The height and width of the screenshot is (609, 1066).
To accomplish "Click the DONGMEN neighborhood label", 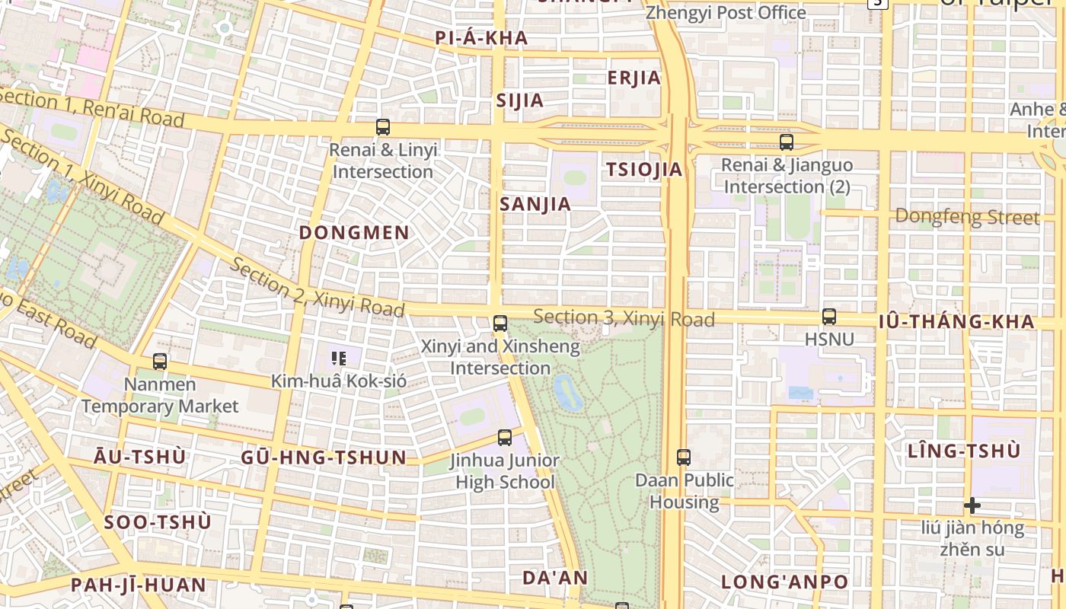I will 354,233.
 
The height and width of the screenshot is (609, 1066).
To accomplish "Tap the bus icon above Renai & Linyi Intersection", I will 383,127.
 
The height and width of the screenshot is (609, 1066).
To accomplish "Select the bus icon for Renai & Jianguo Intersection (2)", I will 787,142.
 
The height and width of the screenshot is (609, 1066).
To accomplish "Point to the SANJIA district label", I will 535,204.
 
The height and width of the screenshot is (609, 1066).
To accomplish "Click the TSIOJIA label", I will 644,170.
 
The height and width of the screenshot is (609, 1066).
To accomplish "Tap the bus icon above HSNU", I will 828,317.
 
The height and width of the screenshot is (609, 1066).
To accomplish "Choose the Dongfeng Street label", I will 967,217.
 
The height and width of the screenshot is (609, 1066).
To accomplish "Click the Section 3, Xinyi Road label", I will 624,318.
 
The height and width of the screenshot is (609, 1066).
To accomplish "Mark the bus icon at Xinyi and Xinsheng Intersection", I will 499,324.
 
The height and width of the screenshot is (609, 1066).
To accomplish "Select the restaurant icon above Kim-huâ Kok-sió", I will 338,358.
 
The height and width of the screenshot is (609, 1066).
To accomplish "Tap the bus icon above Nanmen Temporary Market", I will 160,362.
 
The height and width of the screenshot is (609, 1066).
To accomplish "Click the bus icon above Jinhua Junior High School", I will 504,438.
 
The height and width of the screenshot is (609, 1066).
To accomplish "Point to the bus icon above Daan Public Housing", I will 684,458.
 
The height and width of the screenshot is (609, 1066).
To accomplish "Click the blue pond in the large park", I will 567,392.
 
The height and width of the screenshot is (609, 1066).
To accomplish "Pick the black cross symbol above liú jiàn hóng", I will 972,505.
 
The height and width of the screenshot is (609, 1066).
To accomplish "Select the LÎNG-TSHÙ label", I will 963,451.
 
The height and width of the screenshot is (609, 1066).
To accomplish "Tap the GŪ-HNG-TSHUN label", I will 324,458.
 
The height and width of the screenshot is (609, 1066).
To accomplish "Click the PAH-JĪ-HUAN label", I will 139,585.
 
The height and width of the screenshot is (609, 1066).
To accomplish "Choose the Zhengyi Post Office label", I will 725,13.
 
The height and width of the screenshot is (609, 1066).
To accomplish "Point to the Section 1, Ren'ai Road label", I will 91,108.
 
